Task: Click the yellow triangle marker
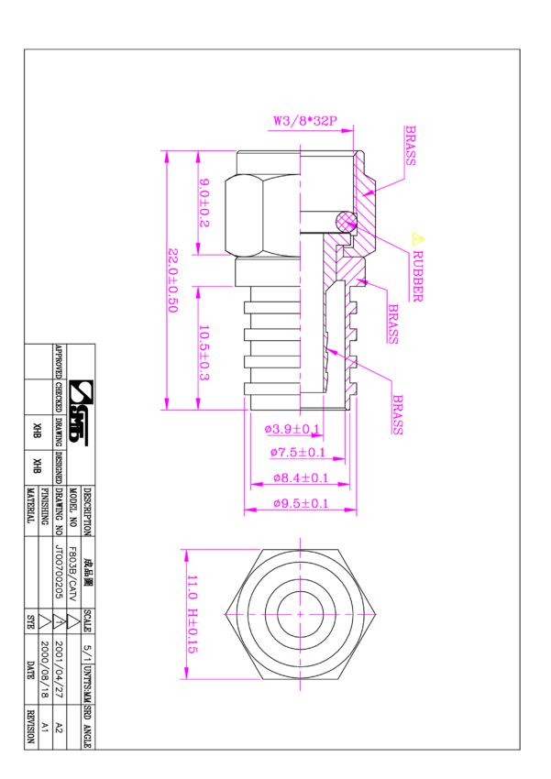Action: (417, 239)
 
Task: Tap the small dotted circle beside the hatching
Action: (347, 222)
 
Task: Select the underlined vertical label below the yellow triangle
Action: (418, 276)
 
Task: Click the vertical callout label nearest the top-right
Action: (410, 145)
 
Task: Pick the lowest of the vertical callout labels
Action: (397, 414)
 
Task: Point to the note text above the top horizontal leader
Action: (304, 121)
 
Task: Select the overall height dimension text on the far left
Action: (173, 280)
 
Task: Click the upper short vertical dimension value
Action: (204, 203)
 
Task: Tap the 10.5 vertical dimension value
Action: (204, 351)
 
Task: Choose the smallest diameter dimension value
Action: (292, 429)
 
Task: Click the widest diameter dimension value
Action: (301, 503)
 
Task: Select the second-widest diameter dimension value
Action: (301, 478)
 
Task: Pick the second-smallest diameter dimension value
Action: (297, 453)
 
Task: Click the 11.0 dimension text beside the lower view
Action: (193, 614)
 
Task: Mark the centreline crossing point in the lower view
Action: (300, 614)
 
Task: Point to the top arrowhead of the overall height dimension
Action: (167, 157)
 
